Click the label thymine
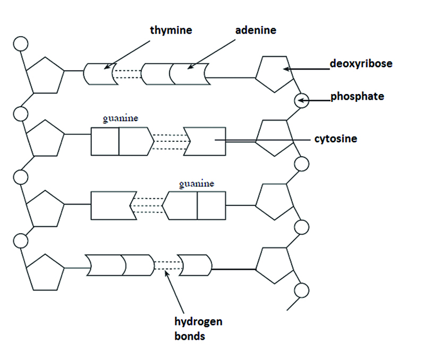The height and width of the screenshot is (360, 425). click(171, 30)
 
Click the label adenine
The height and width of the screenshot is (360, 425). click(256, 30)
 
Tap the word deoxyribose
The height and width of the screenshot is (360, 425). click(361, 64)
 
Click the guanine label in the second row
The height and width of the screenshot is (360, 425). click(121, 119)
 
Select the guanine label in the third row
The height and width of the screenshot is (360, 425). click(197, 184)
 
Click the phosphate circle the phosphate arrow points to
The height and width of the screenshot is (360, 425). click(301, 100)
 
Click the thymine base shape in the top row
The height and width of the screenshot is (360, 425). click(100, 74)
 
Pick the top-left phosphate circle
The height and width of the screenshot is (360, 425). click(21, 43)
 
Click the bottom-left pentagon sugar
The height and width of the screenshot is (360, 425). click(45, 271)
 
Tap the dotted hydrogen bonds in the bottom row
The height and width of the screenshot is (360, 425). click(165, 263)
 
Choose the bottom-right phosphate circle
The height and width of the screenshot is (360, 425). click(302, 290)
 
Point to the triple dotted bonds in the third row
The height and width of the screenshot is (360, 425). click(147, 205)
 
